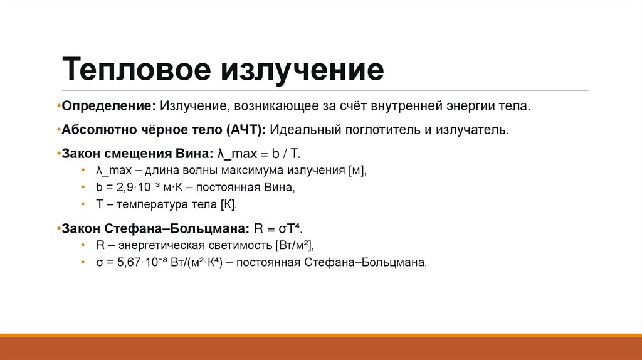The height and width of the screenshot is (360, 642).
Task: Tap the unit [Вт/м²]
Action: [x=292, y=245]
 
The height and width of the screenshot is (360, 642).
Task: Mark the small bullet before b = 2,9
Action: [x=83, y=188]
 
